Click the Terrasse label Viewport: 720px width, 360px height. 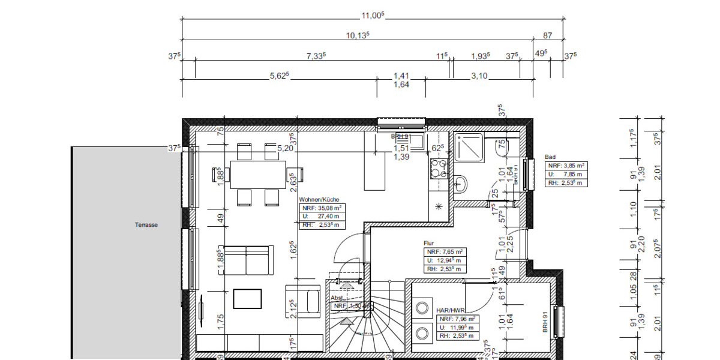(x=146, y=224)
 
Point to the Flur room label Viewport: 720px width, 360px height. (x=429, y=244)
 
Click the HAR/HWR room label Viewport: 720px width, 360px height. (x=451, y=310)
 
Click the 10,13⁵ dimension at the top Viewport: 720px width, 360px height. (x=358, y=34)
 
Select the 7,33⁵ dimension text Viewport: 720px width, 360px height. (x=316, y=55)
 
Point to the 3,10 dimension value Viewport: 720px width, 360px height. (x=479, y=76)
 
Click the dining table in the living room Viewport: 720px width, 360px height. (x=258, y=175)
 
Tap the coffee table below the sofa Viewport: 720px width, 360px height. (x=247, y=298)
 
